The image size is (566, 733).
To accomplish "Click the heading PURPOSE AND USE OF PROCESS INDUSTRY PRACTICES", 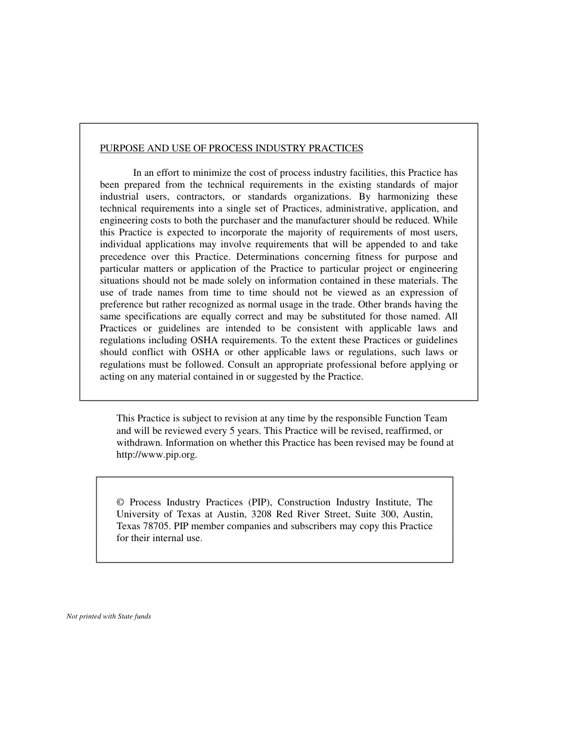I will click(x=231, y=148).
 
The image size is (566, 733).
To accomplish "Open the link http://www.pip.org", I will click(x=156, y=455).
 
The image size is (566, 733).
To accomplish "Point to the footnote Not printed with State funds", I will click(x=108, y=617).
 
